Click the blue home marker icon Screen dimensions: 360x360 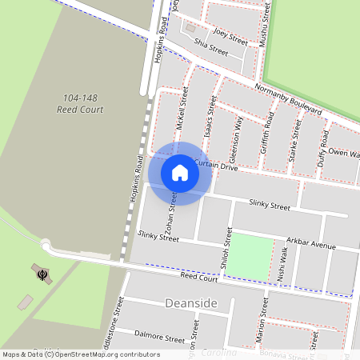pos(180,172)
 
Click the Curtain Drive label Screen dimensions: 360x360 pos(216,166)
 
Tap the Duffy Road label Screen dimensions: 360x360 pos(324,148)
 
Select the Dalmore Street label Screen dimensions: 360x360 pos(159,338)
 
